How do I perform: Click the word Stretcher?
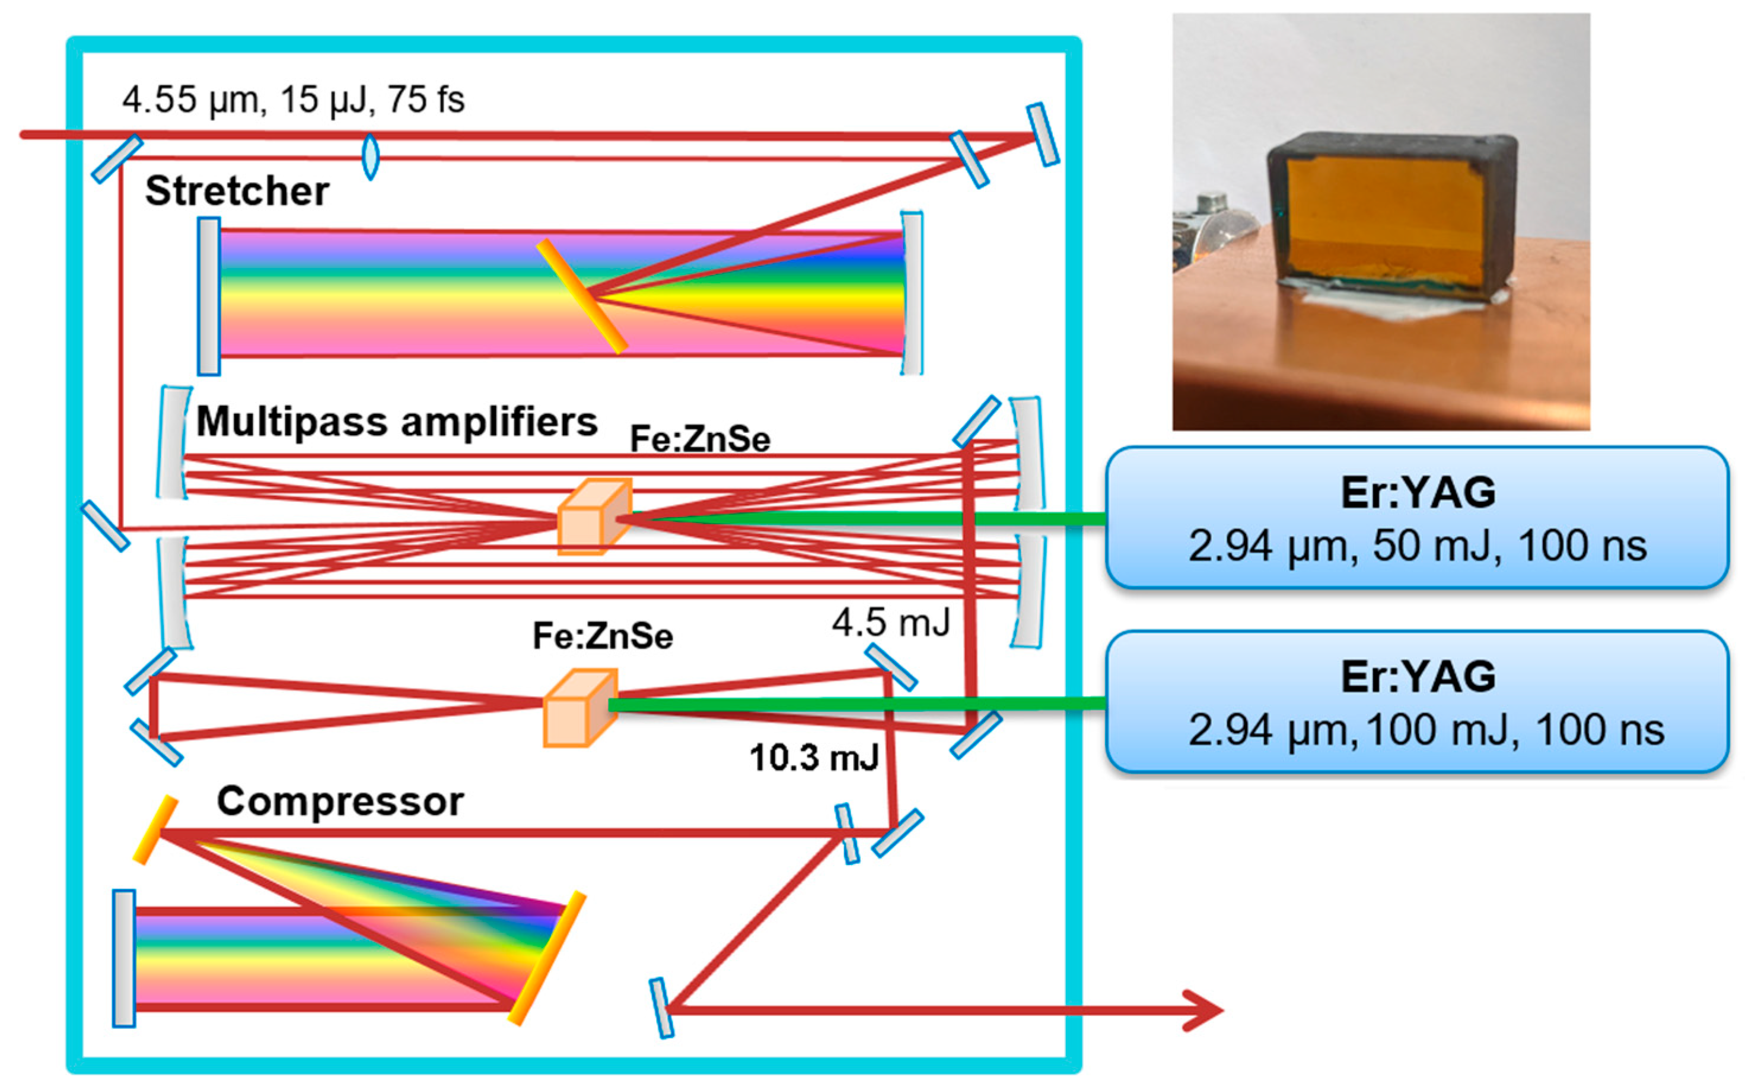point(237,191)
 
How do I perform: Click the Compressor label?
point(340,801)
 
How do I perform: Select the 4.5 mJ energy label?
point(890,622)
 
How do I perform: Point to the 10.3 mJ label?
point(814,758)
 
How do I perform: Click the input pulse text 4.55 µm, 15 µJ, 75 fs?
point(293,100)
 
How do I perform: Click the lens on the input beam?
point(370,157)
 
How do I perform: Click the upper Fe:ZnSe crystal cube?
point(595,516)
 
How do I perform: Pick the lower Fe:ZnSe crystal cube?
point(579,708)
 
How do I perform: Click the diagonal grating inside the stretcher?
point(581,296)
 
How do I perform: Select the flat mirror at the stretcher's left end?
point(209,296)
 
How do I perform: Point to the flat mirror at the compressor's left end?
point(123,958)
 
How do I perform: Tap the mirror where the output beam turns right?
point(661,1008)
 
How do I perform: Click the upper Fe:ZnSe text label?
point(699,439)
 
